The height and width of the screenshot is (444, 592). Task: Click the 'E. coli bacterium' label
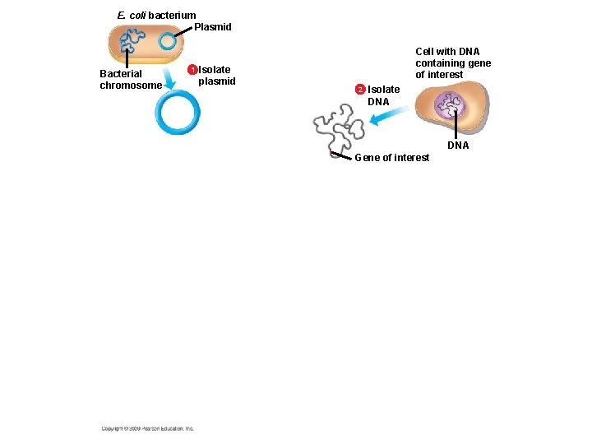pyautogui.click(x=156, y=15)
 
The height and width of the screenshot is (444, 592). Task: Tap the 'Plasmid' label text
pyautogui.click(x=213, y=27)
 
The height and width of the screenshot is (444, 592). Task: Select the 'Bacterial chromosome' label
pyautogui.click(x=131, y=79)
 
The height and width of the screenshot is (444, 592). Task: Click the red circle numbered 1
pyautogui.click(x=192, y=70)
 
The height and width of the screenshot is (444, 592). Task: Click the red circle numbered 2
pyautogui.click(x=359, y=89)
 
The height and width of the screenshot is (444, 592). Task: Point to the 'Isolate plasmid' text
pyautogui.click(x=216, y=76)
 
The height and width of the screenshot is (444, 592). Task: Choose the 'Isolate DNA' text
pyautogui.click(x=383, y=95)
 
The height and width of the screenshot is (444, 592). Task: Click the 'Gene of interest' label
pyautogui.click(x=391, y=158)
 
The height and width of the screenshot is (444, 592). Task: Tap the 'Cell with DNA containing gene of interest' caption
pyautogui.click(x=453, y=63)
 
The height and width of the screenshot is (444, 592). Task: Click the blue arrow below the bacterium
pyautogui.click(x=169, y=78)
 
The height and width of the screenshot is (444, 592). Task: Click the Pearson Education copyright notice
pyautogui.click(x=148, y=428)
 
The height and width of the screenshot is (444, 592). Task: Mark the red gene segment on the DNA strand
pyautogui.click(x=331, y=153)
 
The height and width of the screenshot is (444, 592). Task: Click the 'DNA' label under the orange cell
pyautogui.click(x=458, y=146)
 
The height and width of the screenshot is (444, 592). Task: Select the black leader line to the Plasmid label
pyautogui.click(x=188, y=31)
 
